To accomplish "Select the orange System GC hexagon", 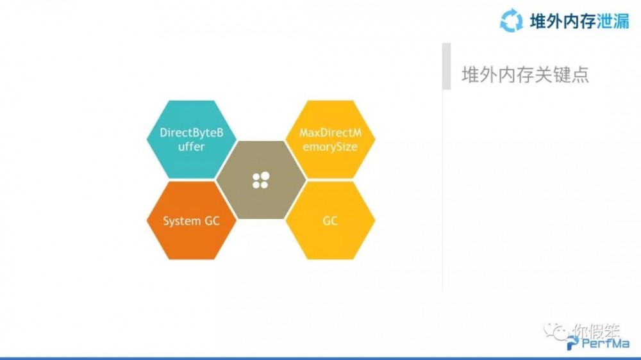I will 191,220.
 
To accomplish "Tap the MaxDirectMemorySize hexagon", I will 329,140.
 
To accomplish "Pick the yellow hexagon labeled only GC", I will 330,220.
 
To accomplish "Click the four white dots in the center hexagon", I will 260,180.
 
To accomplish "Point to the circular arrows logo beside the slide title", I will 512,19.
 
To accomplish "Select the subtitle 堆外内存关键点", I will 525,74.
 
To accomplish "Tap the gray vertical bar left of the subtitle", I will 446,66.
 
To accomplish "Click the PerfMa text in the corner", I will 602,345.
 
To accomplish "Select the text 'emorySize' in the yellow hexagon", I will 329,147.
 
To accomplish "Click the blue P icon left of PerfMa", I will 572,345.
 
